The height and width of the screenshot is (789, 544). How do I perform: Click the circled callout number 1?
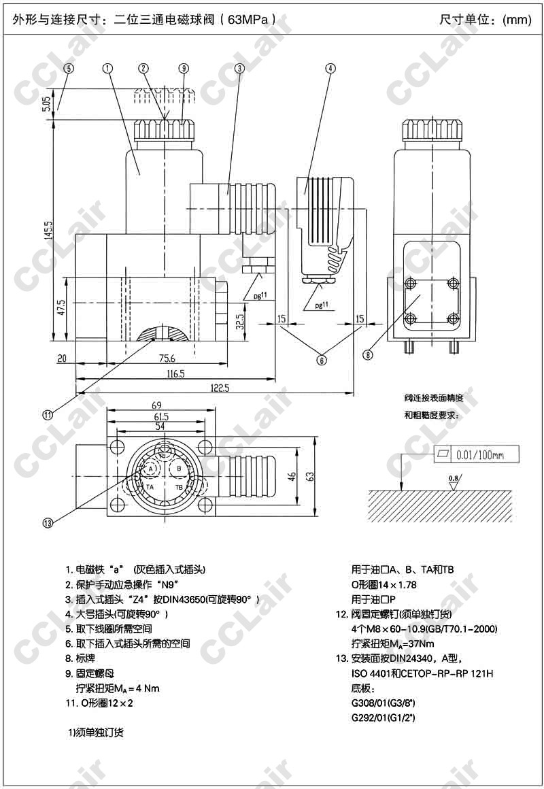(x=108, y=68)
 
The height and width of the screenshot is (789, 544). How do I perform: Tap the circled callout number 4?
(x=330, y=68)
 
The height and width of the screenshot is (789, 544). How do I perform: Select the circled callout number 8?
(x=368, y=354)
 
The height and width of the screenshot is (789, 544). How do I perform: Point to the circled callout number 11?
(x=48, y=415)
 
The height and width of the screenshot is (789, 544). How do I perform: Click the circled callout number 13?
(x=48, y=522)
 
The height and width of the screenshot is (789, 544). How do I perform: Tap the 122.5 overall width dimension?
(x=219, y=388)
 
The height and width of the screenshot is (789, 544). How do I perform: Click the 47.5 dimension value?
(x=61, y=308)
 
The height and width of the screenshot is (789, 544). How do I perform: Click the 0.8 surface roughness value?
(x=454, y=478)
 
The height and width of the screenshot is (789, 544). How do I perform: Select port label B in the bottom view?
(x=179, y=469)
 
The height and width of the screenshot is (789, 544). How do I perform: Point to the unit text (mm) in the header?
(x=517, y=20)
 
